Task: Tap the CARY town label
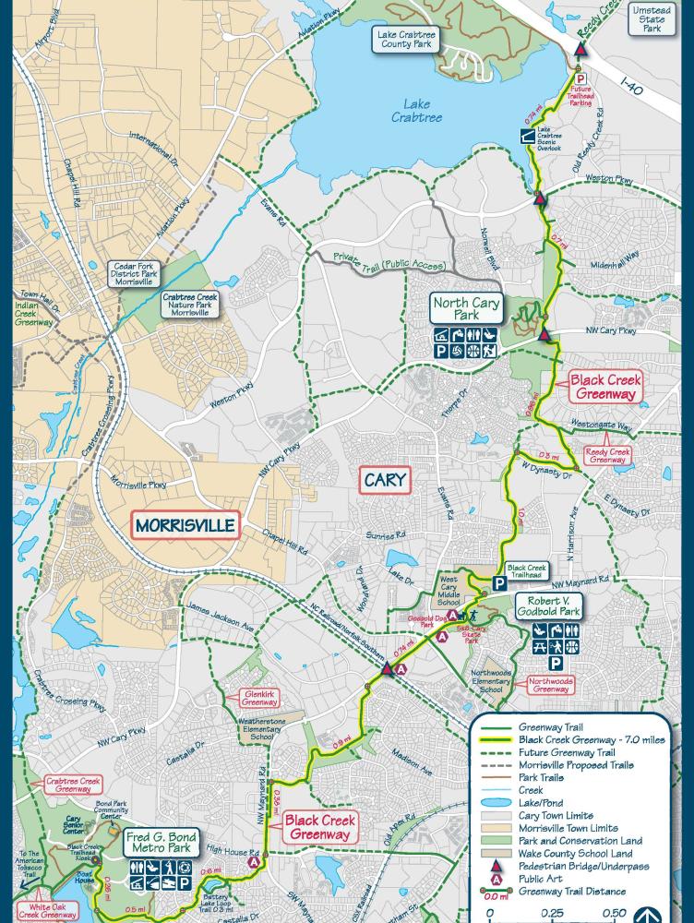point(386,480)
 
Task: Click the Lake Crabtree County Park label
point(407,39)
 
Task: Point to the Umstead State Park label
point(652,18)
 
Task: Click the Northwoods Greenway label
point(551,684)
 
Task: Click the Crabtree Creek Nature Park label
point(189,305)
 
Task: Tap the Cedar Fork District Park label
point(135,272)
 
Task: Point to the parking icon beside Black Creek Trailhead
point(499,582)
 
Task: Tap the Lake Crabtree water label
point(416,112)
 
